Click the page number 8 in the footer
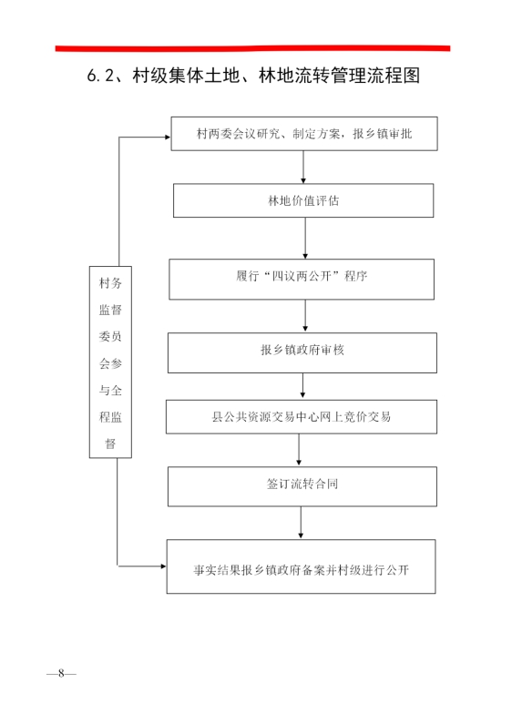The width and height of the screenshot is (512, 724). coord(61,674)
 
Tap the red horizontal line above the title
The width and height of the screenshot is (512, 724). coord(252,48)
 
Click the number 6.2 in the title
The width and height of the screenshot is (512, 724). coord(100,76)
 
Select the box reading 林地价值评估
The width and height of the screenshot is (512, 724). coord(303,200)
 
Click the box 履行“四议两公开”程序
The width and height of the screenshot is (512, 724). coord(302,279)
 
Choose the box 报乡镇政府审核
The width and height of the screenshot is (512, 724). coord(302,352)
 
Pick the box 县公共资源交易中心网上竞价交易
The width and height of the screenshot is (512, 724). coord(302,416)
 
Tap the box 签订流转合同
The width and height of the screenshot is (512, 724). coord(302,486)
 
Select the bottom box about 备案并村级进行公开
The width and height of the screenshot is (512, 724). coord(301,566)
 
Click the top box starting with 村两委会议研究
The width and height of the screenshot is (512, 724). coord(304,134)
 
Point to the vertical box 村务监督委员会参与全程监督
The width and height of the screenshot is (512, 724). coord(110,362)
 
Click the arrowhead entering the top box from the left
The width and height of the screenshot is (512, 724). coord(168,137)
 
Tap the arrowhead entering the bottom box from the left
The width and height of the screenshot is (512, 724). coord(163,566)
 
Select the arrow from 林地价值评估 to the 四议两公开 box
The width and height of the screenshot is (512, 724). coord(305,239)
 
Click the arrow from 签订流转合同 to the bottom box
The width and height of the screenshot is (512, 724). coord(301,523)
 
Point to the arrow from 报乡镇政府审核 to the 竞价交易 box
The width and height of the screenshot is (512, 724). coord(302,386)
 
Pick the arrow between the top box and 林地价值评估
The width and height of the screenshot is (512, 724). coord(303,168)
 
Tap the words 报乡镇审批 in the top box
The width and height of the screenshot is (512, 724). coord(382,134)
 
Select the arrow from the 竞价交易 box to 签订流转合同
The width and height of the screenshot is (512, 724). coord(299,450)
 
